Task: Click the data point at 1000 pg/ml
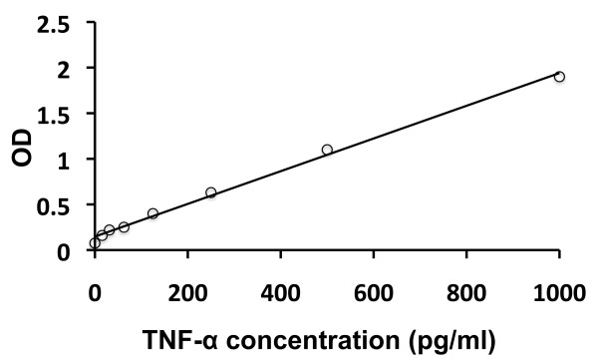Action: point(559,77)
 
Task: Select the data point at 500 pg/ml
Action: point(327,150)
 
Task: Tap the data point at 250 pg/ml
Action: point(211,192)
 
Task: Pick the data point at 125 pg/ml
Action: point(152,213)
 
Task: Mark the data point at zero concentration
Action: point(95,242)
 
